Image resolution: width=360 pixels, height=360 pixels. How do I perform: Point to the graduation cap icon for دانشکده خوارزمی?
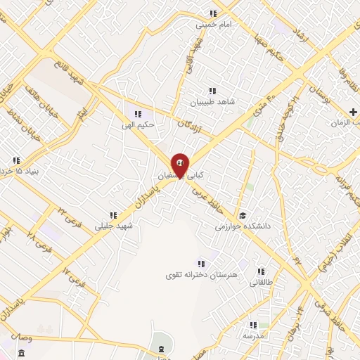(243, 216)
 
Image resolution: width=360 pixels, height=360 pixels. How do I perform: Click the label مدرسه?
(254, 335)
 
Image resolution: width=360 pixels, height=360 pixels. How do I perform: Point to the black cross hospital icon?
(353, 112)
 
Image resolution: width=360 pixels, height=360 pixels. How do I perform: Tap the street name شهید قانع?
(79, 77)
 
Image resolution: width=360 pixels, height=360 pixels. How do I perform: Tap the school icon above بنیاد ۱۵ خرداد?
(15, 160)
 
